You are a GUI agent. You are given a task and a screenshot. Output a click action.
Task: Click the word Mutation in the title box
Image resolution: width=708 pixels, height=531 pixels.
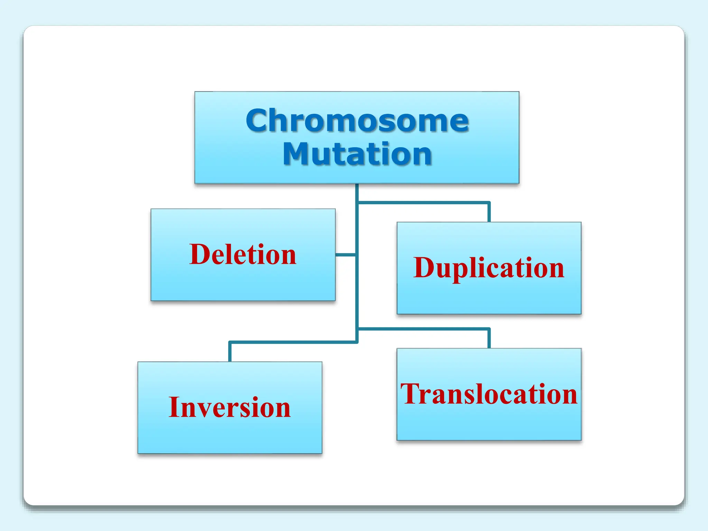pyautogui.click(x=357, y=154)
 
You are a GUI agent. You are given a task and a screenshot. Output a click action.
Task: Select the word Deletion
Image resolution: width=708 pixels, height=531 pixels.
pyautogui.click(x=243, y=254)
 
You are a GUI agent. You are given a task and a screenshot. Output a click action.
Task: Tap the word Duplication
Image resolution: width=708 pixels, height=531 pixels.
pyautogui.click(x=488, y=268)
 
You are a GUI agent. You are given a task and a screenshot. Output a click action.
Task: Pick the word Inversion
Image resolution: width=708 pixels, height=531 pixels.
pyautogui.click(x=230, y=407)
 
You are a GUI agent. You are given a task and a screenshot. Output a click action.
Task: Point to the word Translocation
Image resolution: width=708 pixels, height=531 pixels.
pyautogui.click(x=488, y=394)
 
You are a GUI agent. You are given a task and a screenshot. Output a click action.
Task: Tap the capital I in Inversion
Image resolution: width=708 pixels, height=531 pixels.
pyautogui.click(x=175, y=407)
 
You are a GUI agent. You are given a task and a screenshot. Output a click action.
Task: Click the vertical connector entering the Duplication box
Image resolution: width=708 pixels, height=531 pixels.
pyautogui.click(x=489, y=213)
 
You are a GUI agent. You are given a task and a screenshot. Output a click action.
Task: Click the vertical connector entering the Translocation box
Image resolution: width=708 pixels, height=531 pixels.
pyautogui.click(x=489, y=339)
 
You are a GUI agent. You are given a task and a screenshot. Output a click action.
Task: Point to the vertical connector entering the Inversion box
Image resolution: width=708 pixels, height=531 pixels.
pyautogui.click(x=230, y=352)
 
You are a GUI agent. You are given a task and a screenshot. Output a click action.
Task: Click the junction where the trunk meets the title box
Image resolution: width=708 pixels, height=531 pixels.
pyautogui.click(x=357, y=185)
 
